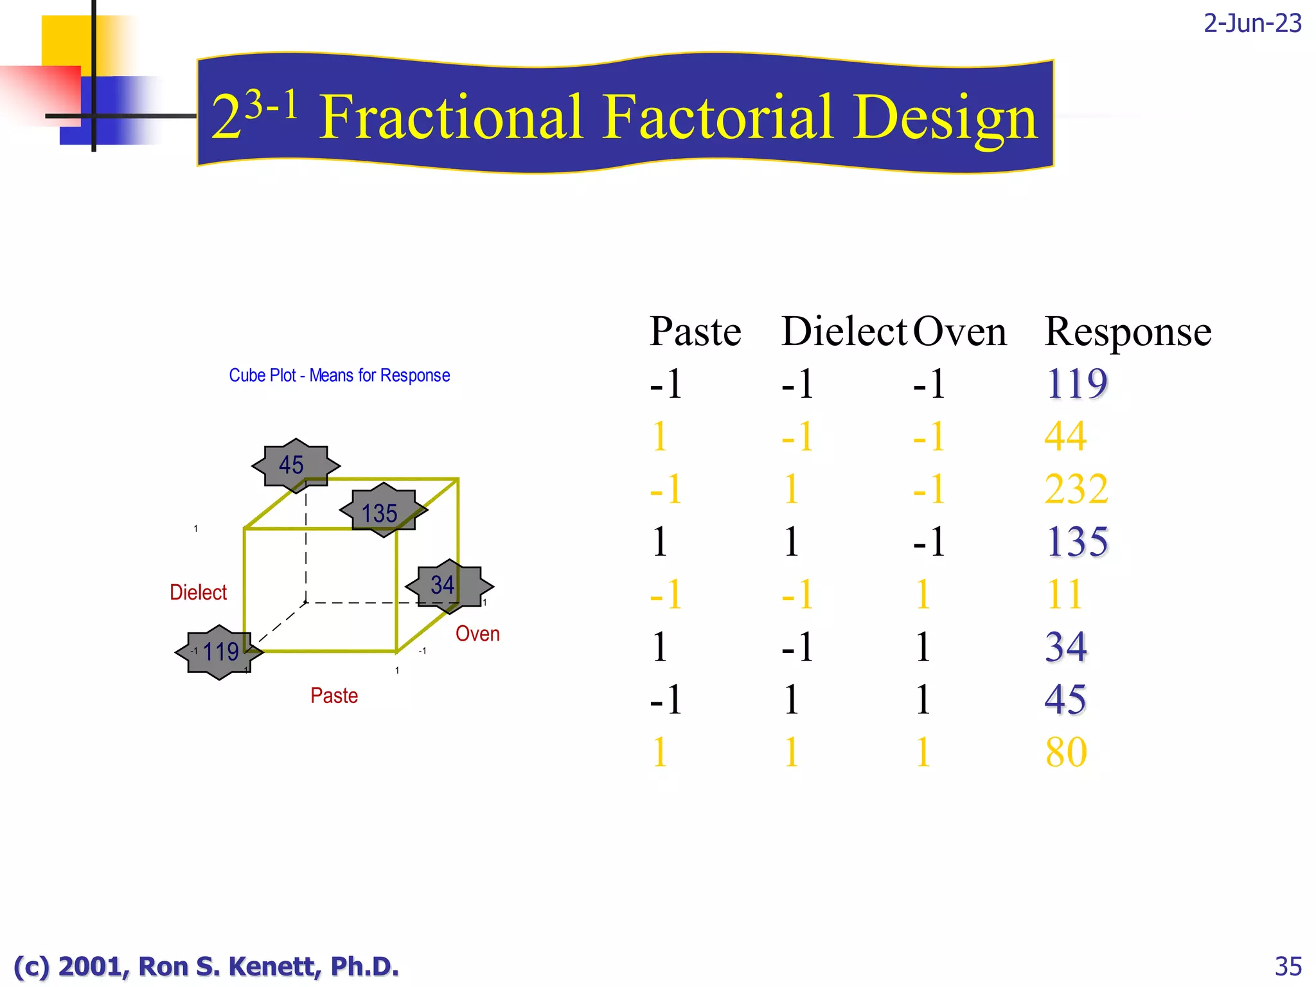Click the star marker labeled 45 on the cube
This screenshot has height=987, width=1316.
pyautogui.click(x=295, y=465)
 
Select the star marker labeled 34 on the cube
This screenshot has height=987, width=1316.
pyautogui.click(x=449, y=585)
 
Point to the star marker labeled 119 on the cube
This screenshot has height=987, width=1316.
pyautogui.click(x=219, y=652)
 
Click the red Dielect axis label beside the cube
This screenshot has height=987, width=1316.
pyautogui.click(x=198, y=592)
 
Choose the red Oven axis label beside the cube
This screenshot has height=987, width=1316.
pyautogui.click(x=477, y=634)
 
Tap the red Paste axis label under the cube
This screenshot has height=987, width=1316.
pyautogui.click(x=334, y=695)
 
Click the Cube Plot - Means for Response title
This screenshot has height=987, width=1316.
pyautogui.click(x=339, y=375)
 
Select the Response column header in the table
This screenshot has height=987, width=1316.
pyautogui.click(x=1128, y=332)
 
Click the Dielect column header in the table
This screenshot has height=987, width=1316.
pyautogui.click(x=843, y=332)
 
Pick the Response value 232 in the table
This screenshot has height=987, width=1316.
pyautogui.click(x=1076, y=489)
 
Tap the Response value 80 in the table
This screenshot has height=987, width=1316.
pyautogui.click(x=1066, y=752)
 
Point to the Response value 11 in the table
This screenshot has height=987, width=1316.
pyautogui.click(x=1065, y=594)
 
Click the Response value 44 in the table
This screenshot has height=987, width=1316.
pyautogui.click(x=1065, y=436)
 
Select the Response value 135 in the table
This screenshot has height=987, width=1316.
pyautogui.click(x=1077, y=542)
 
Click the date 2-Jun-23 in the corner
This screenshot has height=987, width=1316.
pyautogui.click(x=1252, y=23)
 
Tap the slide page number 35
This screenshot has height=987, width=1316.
pyautogui.click(x=1288, y=966)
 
